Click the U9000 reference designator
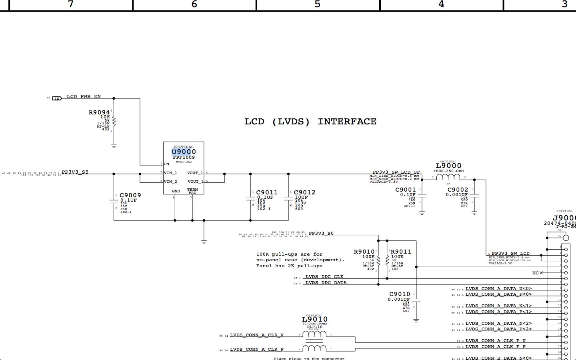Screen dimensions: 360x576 (184, 152)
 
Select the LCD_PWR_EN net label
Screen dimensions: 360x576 (84, 97)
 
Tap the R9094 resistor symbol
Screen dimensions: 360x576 (114, 121)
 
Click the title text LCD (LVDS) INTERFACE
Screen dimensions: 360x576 (310, 122)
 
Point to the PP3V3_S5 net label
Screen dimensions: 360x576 (75, 172)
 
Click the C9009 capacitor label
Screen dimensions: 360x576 (130, 195)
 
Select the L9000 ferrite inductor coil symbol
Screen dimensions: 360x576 (448, 177)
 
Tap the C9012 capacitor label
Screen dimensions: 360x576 (304, 192)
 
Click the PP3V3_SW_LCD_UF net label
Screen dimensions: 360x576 (396, 172)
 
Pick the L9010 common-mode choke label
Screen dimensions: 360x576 (314, 319)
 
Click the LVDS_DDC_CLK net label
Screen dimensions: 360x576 (324, 277)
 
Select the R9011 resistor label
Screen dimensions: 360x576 (401, 252)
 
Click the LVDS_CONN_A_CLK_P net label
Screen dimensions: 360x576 (257, 350)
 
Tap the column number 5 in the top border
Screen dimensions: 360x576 (318, 4)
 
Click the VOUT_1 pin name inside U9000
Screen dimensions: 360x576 (195, 173)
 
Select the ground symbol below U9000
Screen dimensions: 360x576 (204, 242)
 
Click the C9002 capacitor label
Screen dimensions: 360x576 (458, 190)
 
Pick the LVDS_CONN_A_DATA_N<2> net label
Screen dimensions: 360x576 (498, 324)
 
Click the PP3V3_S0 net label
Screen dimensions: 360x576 (321, 234)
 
